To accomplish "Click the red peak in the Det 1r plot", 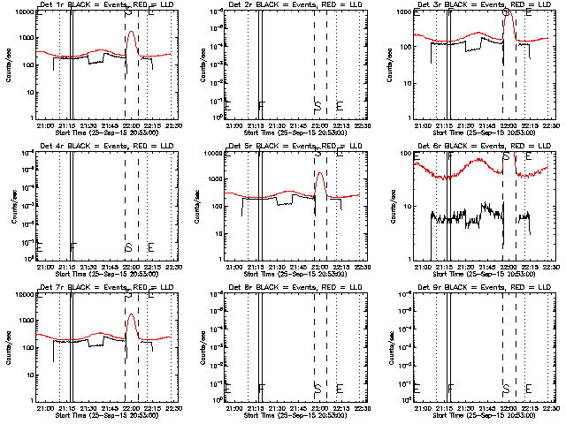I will (x=132, y=32).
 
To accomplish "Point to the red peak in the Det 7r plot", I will (x=132, y=314).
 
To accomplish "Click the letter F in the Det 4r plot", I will (x=73, y=246).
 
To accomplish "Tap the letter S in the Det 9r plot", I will (x=506, y=388).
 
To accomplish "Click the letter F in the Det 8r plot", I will (x=262, y=388).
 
